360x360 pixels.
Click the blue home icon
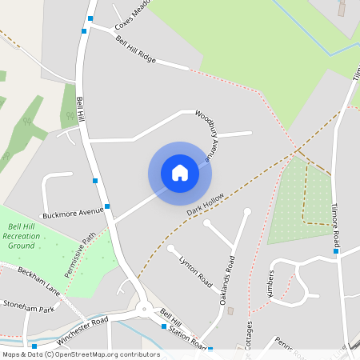tap(180, 173)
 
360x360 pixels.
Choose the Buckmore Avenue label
tap(74, 214)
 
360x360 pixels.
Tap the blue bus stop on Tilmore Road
tap(336, 251)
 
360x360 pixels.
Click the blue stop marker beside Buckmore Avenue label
tap(107, 206)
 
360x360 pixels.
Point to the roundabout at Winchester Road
tap(143, 309)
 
